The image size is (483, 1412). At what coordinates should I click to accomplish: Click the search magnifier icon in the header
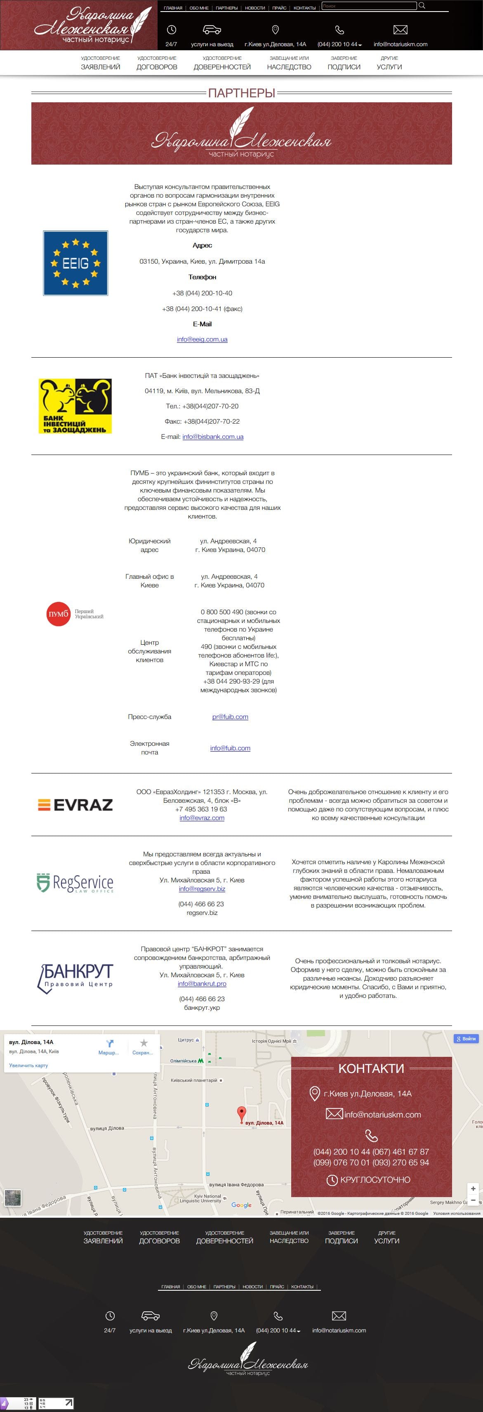(x=422, y=5)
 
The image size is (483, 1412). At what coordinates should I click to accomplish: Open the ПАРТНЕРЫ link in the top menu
(x=226, y=8)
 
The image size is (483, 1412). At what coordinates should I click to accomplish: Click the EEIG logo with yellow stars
(x=75, y=263)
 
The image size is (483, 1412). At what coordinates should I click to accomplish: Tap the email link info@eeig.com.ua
(x=202, y=339)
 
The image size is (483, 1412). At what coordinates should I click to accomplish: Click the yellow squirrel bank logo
(x=75, y=405)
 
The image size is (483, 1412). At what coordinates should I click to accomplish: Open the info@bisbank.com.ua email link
(x=213, y=437)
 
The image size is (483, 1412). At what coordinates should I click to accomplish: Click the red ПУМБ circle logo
(x=59, y=614)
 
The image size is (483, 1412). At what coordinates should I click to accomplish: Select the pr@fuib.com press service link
(x=230, y=717)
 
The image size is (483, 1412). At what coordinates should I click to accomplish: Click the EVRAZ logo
(x=75, y=805)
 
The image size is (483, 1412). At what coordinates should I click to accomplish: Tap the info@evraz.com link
(x=202, y=818)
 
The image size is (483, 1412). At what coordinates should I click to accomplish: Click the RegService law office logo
(x=75, y=882)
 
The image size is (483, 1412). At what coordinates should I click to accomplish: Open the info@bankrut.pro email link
(x=202, y=984)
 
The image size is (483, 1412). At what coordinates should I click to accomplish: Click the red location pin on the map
(x=241, y=1114)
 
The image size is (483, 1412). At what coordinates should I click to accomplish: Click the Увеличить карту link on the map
(x=28, y=1065)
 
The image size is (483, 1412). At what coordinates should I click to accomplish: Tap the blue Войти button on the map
(x=466, y=1039)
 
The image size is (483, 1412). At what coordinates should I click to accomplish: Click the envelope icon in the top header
(x=400, y=30)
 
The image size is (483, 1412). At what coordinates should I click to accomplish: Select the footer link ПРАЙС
(x=277, y=1287)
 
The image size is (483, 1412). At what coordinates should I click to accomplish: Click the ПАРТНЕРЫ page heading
(x=241, y=93)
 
